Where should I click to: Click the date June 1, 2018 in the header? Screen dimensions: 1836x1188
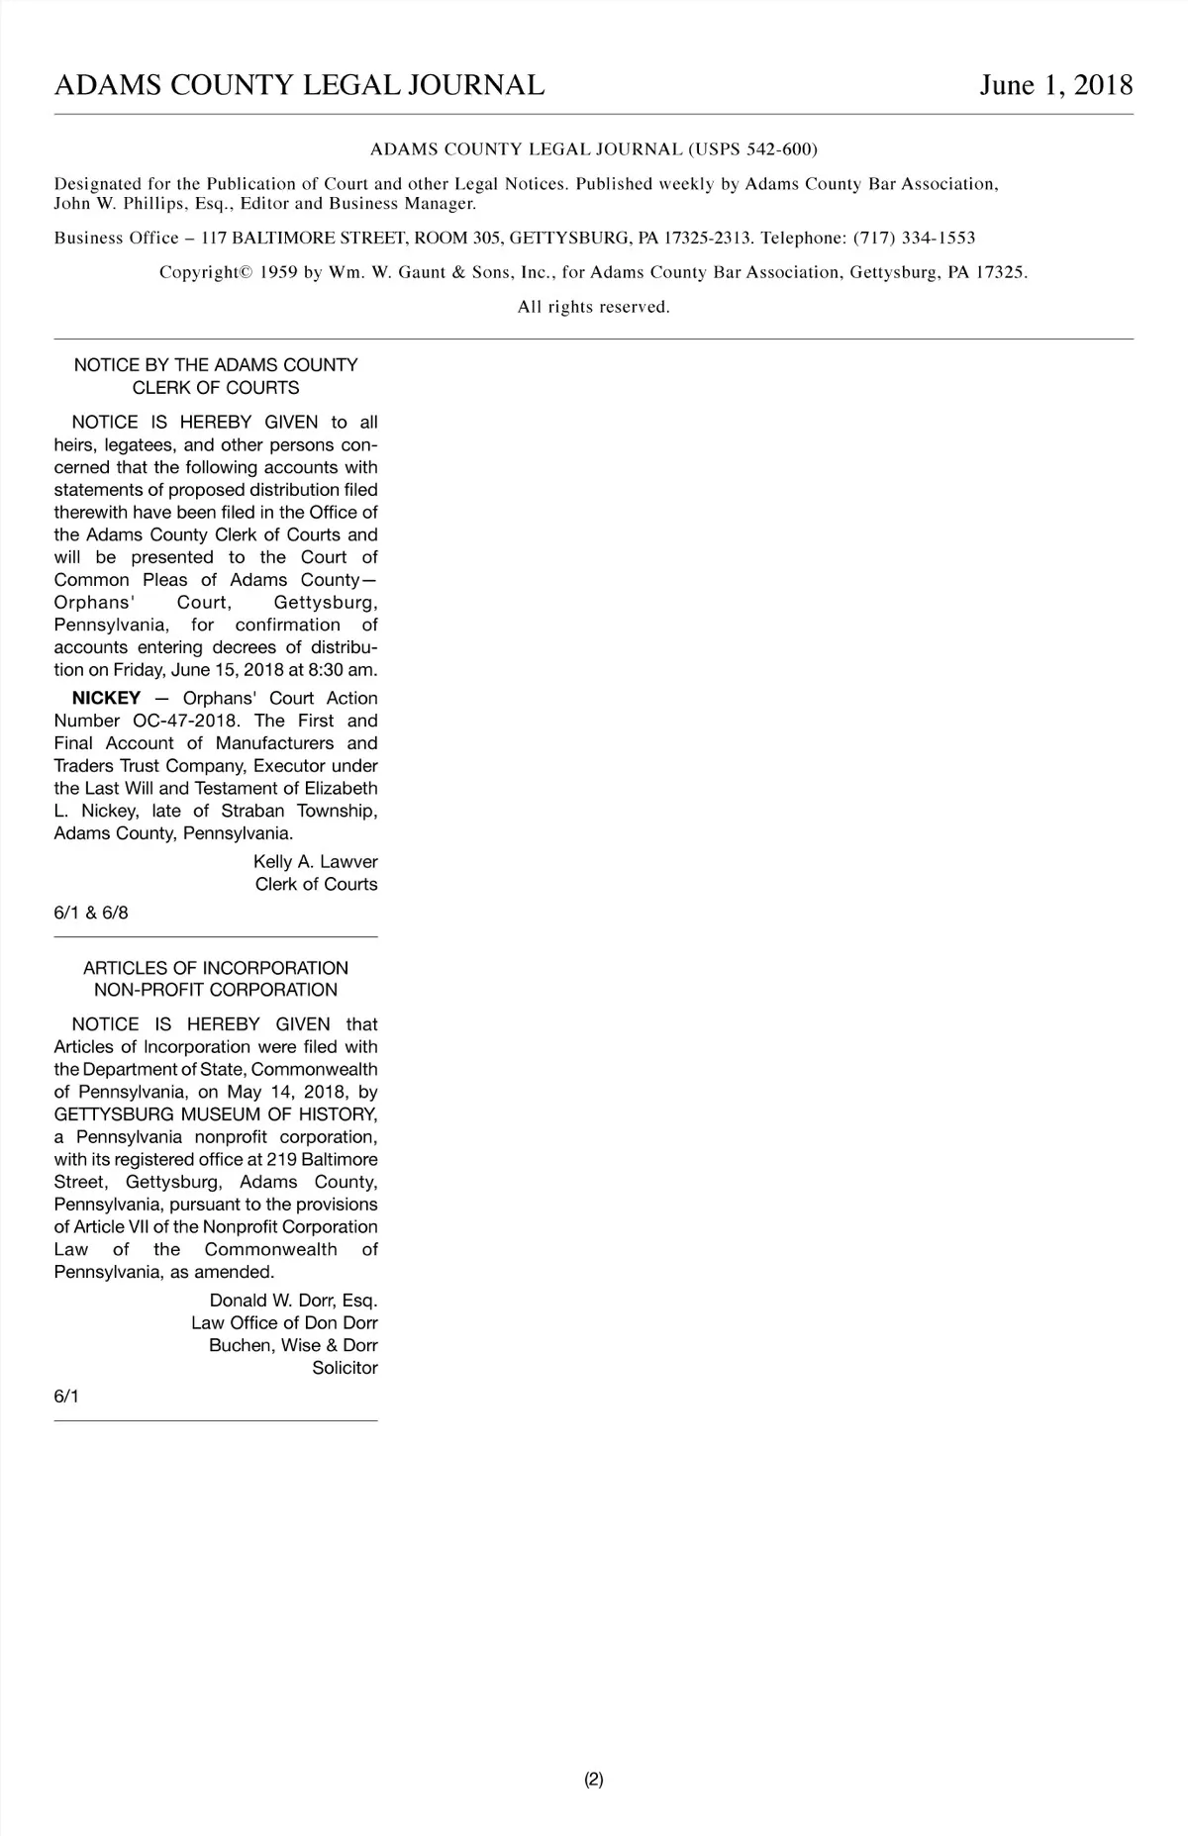coord(1055,85)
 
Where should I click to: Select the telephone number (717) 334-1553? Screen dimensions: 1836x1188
coord(914,238)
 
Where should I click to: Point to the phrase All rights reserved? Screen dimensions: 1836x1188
coord(594,307)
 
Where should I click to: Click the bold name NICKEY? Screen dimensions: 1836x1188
coord(106,698)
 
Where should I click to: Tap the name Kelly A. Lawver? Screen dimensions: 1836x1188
coord(315,862)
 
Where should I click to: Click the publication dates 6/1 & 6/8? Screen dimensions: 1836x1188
coord(91,913)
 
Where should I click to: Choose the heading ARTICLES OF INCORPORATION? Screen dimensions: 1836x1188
coord(216,968)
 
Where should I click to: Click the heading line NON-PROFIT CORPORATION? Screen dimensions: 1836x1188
coord(216,990)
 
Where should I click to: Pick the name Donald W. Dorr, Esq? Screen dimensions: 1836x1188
coord(293,1301)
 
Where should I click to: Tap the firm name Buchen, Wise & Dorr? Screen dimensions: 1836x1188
coord(293,1345)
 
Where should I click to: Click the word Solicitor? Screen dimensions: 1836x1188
coord(345,1368)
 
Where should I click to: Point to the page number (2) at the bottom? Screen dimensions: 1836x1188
coord(594,1779)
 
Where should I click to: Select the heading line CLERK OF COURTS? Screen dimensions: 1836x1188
coord(216,388)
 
